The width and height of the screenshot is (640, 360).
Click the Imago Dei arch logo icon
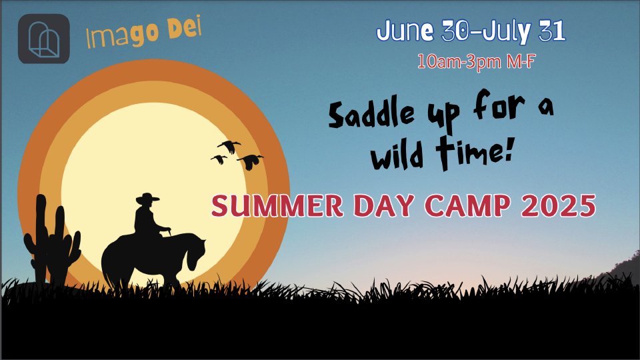(x=44, y=39)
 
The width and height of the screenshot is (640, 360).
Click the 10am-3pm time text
(x=459, y=61)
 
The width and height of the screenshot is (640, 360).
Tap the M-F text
(x=521, y=61)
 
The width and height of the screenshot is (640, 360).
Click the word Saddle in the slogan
(x=371, y=114)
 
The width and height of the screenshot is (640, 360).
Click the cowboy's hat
(x=147, y=199)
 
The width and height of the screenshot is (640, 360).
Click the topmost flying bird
(x=229, y=146)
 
